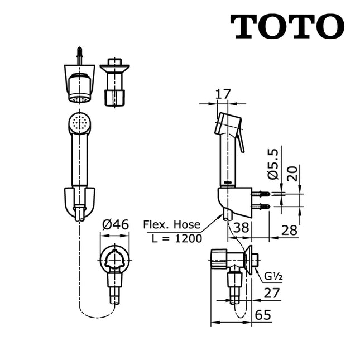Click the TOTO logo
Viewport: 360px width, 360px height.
click(x=287, y=26)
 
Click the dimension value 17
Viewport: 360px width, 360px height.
click(x=223, y=94)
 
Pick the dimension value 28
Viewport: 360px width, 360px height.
click(x=289, y=231)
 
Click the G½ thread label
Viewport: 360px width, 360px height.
click(x=272, y=275)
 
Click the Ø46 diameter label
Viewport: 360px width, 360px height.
click(x=115, y=224)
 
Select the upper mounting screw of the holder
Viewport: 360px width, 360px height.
click(x=262, y=194)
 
